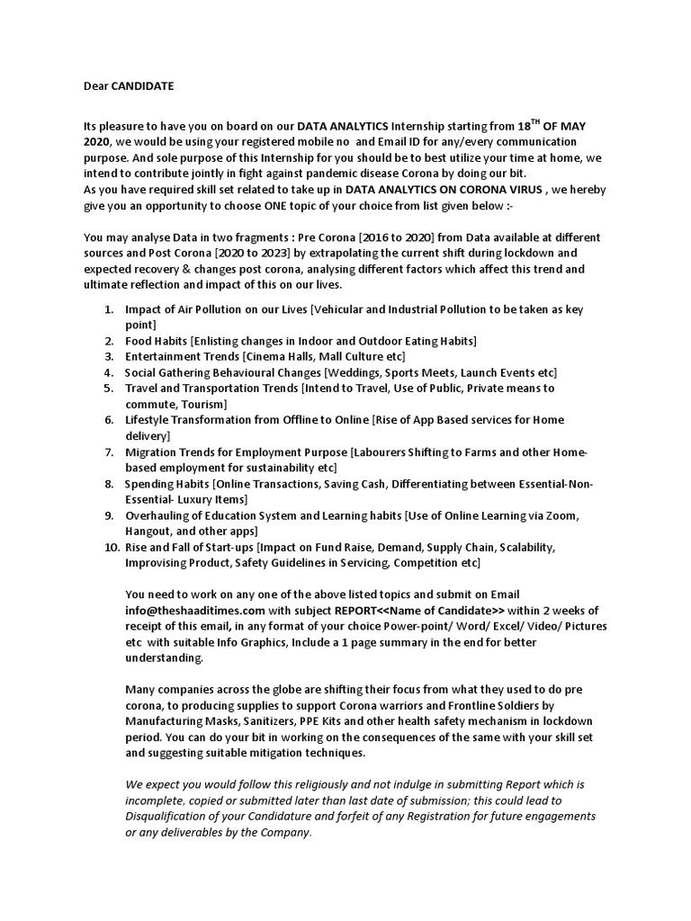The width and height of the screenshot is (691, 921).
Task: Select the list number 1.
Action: click(109, 309)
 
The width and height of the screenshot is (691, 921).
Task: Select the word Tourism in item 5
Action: click(204, 405)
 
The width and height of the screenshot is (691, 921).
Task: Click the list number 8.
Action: click(109, 484)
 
